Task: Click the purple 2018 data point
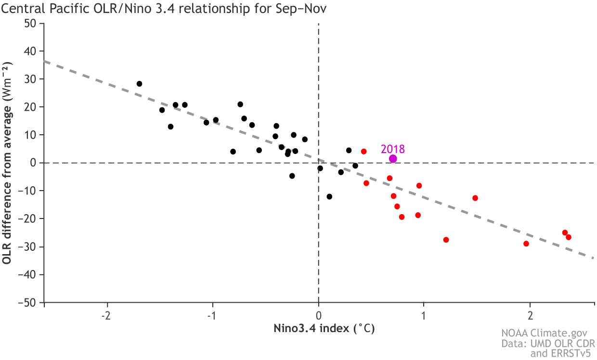pos(393,159)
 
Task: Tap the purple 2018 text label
pos(393,149)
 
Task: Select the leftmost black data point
pos(139,84)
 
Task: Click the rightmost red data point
pos(568,237)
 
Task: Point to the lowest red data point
pos(526,244)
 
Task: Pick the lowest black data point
pos(329,196)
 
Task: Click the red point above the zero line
pos(363,152)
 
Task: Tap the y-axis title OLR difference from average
pos(7,163)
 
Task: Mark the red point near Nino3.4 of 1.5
pos(475,198)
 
